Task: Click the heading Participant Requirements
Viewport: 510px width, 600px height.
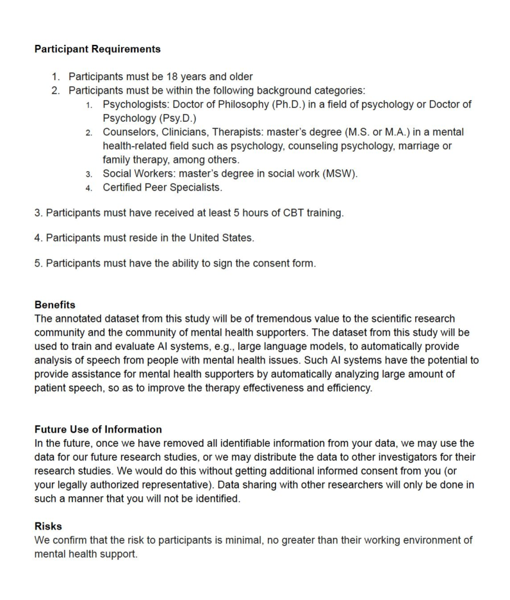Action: click(97, 49)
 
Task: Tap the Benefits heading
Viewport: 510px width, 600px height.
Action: click(54, 305)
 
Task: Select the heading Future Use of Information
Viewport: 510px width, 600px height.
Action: click(98, 429)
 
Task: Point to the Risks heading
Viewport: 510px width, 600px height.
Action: click(48, 527)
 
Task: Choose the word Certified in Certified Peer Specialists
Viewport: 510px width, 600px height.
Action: click(125, 188)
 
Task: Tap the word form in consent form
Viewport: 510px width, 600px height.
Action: click(304, 263)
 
